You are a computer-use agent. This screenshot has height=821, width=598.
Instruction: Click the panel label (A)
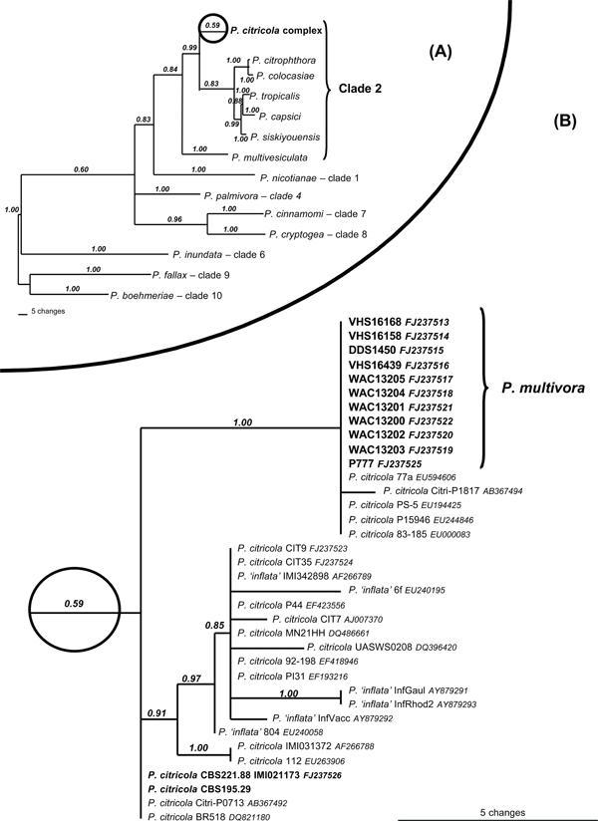click(440, 52)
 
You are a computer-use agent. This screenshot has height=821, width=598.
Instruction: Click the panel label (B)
click(564, 122)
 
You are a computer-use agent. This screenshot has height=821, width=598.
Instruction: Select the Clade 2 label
click(360, 89)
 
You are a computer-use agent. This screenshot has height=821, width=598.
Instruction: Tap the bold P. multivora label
click(543, 388)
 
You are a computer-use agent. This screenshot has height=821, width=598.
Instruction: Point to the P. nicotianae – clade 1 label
click(310, 178)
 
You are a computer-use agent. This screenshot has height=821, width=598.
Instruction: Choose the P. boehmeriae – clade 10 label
click(166, 296)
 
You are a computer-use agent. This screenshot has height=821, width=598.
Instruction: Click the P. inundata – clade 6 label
click(218, 255)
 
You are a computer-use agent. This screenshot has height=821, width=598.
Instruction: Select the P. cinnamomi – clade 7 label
click(315, 214)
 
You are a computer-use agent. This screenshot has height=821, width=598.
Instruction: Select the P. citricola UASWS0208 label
click(360, 648)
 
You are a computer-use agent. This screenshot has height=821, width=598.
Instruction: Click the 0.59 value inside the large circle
click(74, 603)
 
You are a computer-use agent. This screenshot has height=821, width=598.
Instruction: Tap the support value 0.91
click(157, 712)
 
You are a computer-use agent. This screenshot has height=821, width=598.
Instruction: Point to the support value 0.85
click(214, 625)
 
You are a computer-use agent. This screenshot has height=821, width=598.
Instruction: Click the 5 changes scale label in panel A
click(48, 312)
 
